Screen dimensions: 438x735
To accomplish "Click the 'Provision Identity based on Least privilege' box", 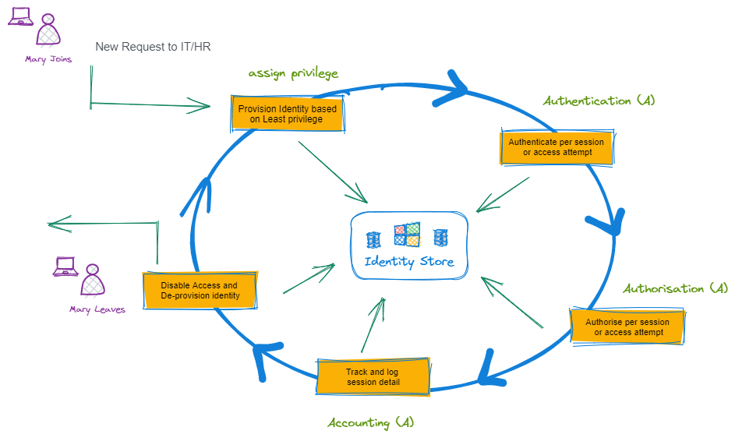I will tap(287, 114).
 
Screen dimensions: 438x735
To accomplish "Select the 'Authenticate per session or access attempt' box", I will tap(557, 147).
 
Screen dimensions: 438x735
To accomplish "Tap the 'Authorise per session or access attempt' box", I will tap(627, 327).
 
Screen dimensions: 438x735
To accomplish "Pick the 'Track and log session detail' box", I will tap(373, 377).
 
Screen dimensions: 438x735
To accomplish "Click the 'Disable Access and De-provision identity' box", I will tap(200, 291).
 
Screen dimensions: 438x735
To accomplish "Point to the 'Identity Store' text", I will tap(408, 262).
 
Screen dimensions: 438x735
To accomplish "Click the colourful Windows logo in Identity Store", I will tap(407, 235).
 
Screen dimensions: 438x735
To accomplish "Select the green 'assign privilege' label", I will tap(293, 73).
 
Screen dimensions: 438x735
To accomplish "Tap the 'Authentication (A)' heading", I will tap(599, 101).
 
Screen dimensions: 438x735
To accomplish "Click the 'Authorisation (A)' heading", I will tap(675, 288).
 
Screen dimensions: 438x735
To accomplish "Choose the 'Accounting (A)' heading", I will tap(370, 422).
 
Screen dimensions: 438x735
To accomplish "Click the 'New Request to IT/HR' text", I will tap(153, 47).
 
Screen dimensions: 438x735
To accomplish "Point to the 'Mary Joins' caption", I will tap(48, 58).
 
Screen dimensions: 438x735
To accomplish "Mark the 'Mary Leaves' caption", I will tap(97, 309).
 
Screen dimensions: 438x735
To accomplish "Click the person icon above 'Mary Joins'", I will tap(48, 30).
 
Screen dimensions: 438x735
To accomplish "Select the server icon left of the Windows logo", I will tap(373, 238).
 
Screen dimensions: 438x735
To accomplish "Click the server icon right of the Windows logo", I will tap(440, 237).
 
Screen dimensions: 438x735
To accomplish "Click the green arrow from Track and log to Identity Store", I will tap(373, 325).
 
